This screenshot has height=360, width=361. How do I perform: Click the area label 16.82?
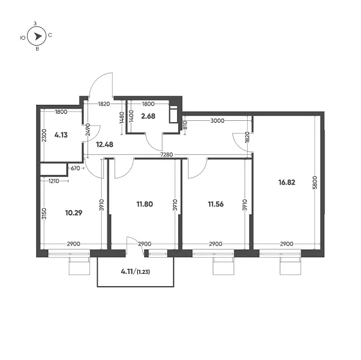(286, 183)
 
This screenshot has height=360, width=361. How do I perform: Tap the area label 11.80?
(145, 204)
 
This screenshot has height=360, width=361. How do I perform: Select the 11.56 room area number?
(216, 204)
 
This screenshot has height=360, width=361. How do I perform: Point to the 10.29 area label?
(73, 213)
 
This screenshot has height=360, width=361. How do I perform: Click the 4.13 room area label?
(61, 135)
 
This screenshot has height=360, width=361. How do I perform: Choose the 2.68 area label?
(148, 116)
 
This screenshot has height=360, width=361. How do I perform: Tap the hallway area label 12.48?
(104, 145)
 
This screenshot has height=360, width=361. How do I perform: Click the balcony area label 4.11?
(127, 271)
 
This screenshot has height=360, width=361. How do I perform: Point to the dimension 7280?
(167, 155)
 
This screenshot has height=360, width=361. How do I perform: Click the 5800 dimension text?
(315, 183)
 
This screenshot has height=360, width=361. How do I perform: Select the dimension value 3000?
(218, 121)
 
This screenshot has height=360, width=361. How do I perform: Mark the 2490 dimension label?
(88, 130)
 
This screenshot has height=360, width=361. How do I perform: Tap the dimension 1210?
(54, 181)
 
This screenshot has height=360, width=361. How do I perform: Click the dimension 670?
(75, 168)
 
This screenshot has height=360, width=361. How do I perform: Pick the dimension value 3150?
(44, 213)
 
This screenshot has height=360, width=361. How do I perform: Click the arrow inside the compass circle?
(38, 37)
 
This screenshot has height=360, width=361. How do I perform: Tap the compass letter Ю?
(23, 38)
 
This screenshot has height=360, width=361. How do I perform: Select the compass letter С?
(50, 35)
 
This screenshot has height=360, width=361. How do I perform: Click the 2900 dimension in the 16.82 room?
(286, 244)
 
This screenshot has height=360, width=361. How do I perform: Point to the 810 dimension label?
(185, 125)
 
